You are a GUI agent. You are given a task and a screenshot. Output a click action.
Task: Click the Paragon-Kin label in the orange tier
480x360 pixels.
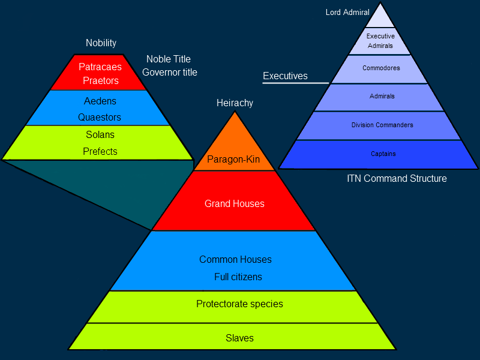(x=233, y=160)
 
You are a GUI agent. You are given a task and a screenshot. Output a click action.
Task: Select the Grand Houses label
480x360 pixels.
(x=234, y=204)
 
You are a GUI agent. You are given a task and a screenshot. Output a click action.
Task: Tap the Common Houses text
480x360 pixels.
(x=235, y=260)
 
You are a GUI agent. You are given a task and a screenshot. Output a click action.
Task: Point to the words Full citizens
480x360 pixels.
(x=238, y=277)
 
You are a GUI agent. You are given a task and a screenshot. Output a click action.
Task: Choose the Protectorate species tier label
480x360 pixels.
(x=239, y=304)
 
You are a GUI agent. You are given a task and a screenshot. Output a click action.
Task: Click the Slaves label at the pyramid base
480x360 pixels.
(x=239, y=338)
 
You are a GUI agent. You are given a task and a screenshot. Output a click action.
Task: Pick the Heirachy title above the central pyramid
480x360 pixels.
(x=235, y=103)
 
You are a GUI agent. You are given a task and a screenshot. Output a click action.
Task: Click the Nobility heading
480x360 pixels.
(x=101, y=43)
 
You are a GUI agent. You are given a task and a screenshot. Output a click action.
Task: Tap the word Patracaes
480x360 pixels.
(x=100, y=67)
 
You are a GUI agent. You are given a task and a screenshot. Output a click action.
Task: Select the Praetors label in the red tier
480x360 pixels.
(x=101, y=80)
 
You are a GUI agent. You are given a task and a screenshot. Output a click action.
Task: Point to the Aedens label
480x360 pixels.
(x=100, y=101)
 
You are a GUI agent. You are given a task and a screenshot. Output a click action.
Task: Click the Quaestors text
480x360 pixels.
(x=100, y=118)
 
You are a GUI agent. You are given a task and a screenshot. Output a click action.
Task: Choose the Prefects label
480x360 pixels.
(x=100, y=151)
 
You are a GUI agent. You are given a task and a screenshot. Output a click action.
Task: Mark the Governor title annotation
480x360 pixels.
(x=169, y=73)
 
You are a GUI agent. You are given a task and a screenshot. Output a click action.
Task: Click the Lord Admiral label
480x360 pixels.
(x=347, y=12)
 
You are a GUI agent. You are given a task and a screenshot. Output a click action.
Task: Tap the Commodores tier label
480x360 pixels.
(x=381, y=68)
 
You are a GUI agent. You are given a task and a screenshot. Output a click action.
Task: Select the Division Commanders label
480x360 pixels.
(x=382, y=125)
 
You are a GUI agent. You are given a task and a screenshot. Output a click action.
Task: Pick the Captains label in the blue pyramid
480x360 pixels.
(x=383, y=154)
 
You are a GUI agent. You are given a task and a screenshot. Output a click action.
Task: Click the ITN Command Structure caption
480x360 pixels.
(x=397, y=179)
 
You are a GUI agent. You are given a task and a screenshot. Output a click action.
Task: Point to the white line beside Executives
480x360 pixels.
(x=296, y=82)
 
